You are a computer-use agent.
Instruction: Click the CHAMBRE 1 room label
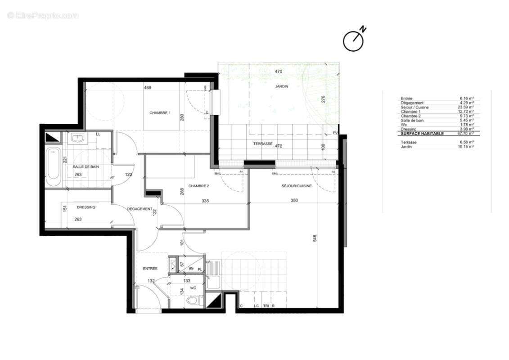(160, 113)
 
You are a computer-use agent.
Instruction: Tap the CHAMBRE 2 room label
(198, 186)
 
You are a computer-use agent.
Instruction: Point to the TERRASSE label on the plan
(262, 144)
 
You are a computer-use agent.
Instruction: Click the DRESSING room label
(86, 207)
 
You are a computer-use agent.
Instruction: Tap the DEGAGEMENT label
(139, 209)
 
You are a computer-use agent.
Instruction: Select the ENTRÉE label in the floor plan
(150, 268)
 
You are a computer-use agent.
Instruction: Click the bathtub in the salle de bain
(53, 167)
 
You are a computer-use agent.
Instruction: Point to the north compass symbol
(354, 40)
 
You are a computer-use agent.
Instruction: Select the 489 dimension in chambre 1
(147, 88)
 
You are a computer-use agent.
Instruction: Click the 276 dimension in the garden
(322, 99)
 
